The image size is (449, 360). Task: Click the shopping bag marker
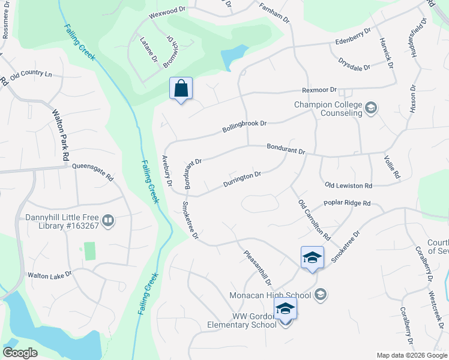[x=181, y=89]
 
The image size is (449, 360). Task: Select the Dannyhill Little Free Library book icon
[x=108, y=221]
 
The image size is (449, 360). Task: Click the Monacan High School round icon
[x=321, y=294]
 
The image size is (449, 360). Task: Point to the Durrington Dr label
[x=242, y=179]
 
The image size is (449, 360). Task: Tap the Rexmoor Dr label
[x=318, y=91]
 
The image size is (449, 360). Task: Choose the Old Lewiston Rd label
[x=348, y=186]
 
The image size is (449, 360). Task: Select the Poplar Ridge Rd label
[x=347, y=203]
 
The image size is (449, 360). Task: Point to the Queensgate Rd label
[x=92, y=172]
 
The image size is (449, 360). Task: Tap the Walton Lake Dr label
[x=49, y=275]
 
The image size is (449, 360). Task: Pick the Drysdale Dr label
[x=354, y=65]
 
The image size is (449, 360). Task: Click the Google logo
[x=20, y=352]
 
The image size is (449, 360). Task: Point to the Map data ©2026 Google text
[x=411, y=355]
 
